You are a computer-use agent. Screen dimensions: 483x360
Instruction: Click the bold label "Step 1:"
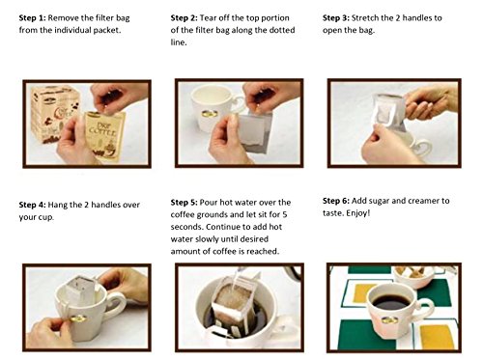tap(32, 18)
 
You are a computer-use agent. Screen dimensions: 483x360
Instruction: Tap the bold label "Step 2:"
tap(184, 18)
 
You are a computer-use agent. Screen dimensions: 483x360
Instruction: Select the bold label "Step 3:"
tap(336, 18)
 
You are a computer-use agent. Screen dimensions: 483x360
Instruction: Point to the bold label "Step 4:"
tap(32, 205)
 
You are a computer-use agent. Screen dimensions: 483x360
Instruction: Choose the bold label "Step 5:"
tap(184, 203)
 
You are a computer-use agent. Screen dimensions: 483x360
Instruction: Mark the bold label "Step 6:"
tap(336, 201)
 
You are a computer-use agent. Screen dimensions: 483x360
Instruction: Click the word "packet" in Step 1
tap(107, 31)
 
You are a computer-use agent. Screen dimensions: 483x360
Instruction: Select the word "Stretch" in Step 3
tap(365, 18)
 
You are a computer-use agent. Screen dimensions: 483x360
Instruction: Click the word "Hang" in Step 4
tap(58, 206)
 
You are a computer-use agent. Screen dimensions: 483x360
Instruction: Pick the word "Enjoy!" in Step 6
tap(358, 213)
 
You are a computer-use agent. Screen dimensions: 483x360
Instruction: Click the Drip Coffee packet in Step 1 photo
tap(105, 135)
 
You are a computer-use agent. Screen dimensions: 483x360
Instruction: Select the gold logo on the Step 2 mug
tap(210, 114)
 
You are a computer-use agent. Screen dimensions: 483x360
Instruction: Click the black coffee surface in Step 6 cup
tap(390, 302)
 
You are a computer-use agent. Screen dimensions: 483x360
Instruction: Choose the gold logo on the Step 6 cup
tap(389, 320)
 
